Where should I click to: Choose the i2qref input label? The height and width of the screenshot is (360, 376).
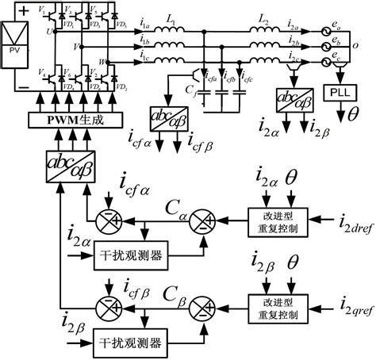tap(355, 301)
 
